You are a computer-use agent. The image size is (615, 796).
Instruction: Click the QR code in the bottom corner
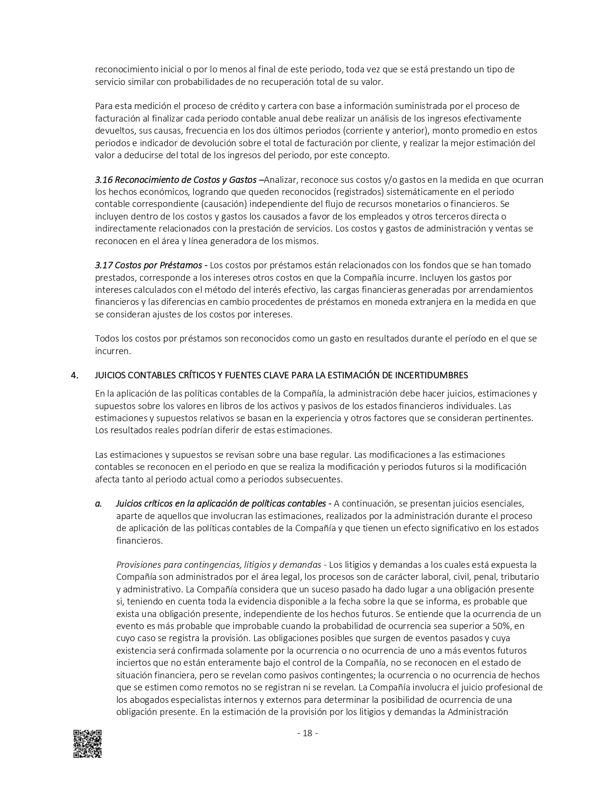[x=87, y=743]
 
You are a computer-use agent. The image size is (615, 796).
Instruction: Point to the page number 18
[x=307, y=733]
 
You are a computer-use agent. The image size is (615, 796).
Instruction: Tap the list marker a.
[x=98, y=504]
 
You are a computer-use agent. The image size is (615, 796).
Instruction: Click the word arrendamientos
[x=502, y=290]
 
